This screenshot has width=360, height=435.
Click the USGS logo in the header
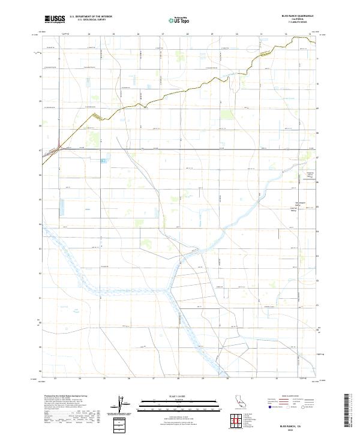[x=55, y=19]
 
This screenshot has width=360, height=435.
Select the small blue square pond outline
[x=103, y=161]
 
